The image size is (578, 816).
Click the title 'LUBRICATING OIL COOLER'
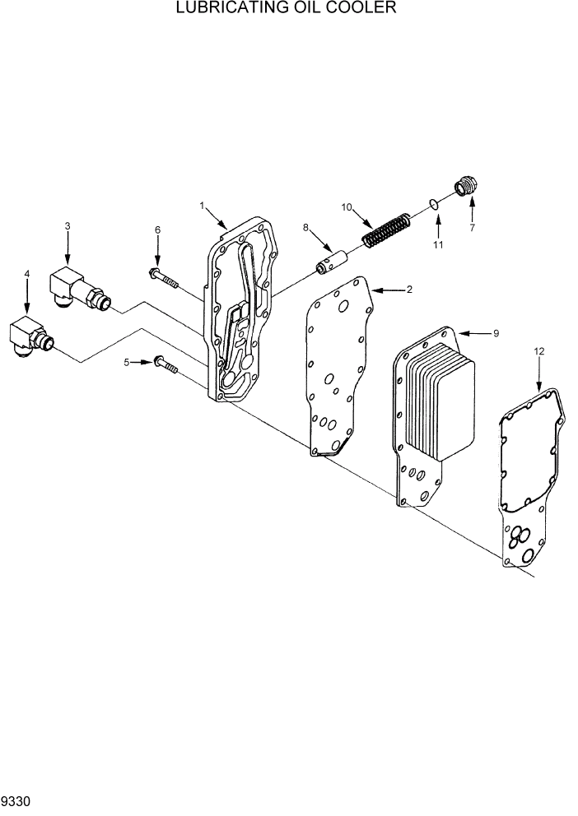pos(287,9)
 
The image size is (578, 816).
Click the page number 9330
pos(16,800)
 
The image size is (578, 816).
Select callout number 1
pos(202,205)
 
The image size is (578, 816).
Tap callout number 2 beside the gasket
pos(408,290)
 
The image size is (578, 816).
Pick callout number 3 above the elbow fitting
pos(68,225)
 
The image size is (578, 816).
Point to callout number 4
pos(27,273)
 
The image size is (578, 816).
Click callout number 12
pos(539,351)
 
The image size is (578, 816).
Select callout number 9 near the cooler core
pos(496,333)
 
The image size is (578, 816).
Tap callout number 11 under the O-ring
pos(438,244)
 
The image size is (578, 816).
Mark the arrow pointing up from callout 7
pos(472,206)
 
